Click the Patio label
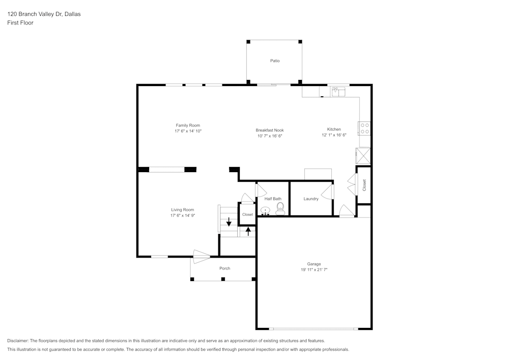(275, 61)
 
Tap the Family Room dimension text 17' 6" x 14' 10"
(188, 131)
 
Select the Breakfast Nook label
(269, 130)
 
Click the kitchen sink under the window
(338, 92)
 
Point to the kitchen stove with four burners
(364, 128)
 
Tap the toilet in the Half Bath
(280, 208)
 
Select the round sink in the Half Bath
(265, 210)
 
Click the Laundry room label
(310, 199)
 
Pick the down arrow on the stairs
(229, 221)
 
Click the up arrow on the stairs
(248, 231)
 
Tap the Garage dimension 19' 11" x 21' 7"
(314, 270)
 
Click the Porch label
(224, 268)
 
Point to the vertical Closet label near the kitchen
(364, 185)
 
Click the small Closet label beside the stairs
(247, 214)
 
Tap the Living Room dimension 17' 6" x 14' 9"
(182, 215)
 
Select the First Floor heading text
(20, 23)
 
